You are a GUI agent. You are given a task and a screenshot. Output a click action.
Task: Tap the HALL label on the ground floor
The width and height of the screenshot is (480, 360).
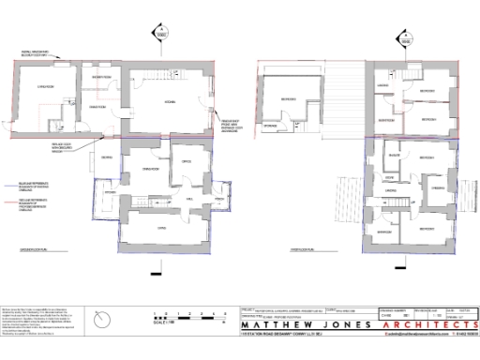(x=189, y=200)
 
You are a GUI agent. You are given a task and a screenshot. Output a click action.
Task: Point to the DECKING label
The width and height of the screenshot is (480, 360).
(x=107, y=157)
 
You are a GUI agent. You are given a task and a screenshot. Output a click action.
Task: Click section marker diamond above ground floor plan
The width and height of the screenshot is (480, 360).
(x=160, y=35)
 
